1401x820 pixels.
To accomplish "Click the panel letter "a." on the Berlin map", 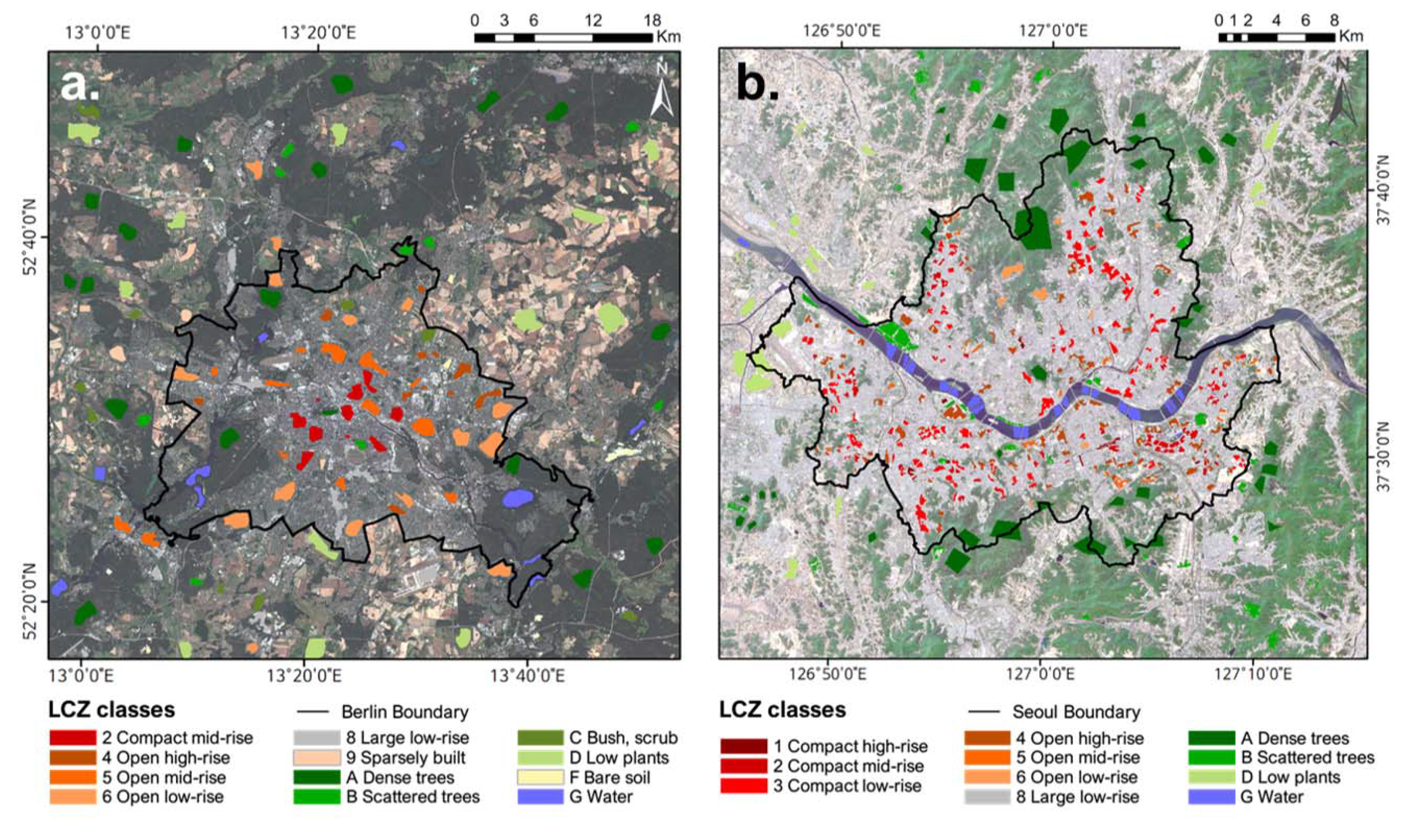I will pos(80,86).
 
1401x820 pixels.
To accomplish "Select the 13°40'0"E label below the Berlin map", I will pos(527,676).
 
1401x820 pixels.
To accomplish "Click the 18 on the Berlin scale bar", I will pos(652,21).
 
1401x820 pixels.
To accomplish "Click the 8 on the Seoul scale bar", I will pos(1334,21).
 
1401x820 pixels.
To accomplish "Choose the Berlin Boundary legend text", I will pos(405,712).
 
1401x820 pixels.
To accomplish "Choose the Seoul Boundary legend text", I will pos(1076,712).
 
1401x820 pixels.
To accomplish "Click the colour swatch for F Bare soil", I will pos(540,777).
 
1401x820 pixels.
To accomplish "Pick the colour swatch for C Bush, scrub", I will pos(540,738).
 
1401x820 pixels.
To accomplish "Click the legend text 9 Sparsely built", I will pos(405,758).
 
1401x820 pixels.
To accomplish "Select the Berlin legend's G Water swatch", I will pos(540,796).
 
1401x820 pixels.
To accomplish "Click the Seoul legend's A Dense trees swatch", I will pos(1211,738).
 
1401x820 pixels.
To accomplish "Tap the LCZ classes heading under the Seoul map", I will pos(782,710).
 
